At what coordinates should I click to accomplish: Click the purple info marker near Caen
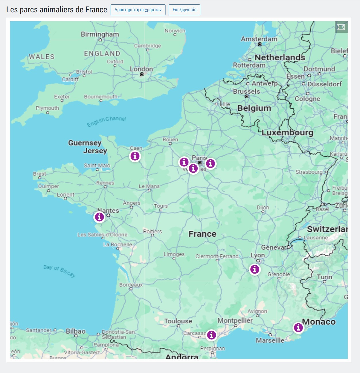135,156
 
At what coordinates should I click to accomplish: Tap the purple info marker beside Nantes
99,217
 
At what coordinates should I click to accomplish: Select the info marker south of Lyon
255,269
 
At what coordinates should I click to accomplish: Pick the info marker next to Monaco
298,327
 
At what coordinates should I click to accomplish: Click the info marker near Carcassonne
211,335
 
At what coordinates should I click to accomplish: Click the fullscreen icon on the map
341,27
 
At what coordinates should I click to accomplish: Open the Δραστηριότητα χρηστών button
138,10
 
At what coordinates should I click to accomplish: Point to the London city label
141,69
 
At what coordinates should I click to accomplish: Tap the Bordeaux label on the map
131,285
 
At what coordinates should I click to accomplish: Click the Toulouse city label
178,321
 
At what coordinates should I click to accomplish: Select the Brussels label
247,91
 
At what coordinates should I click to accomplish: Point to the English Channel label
106,121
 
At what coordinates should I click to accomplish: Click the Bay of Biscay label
59,271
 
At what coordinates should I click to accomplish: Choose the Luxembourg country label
287,132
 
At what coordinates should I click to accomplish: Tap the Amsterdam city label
259,39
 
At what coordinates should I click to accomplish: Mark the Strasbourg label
309,172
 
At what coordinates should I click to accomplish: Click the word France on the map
202,234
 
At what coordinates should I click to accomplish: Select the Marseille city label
270,340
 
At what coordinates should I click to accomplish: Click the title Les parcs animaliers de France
57,10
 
